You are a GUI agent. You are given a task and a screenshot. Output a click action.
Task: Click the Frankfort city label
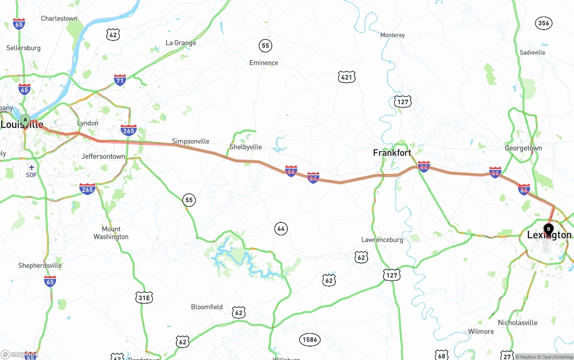[x=392, y=153]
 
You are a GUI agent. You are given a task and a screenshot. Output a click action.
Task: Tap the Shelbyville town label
[x=245, y=147]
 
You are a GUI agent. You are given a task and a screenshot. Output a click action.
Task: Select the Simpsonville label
[x=191, y=141]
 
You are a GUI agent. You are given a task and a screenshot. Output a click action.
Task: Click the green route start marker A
[x=26, y=120]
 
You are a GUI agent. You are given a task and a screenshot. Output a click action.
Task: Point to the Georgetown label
[x=523, y=148]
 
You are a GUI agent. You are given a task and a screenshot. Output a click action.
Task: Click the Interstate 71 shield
[x=120, y=81]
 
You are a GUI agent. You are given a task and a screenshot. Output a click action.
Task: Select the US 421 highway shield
[x=347, y=77]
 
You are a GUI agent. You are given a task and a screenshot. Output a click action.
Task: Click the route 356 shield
[x=544, y=23]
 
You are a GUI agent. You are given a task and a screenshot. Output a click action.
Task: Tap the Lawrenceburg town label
[x=382, y=240]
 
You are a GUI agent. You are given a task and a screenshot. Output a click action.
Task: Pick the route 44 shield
[x=281, y=229]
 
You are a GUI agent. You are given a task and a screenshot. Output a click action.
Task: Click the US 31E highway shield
[x=144, y=297]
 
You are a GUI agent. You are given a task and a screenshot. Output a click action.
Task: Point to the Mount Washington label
[x=111, y=233]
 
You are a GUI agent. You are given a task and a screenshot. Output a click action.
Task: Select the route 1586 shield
[x=310, y=339]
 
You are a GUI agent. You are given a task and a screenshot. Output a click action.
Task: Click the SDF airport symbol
[x=31, y=168]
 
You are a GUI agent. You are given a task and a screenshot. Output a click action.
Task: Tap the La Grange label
[x=181, y=43]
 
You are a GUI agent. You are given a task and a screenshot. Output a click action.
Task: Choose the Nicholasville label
[x=517, y=323]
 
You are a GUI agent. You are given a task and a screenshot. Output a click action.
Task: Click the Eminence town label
[x=264, y=63]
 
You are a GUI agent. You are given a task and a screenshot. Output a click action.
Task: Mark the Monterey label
[x=392, y=35]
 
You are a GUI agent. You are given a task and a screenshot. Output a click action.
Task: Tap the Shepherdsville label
[x=40, y=265]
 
